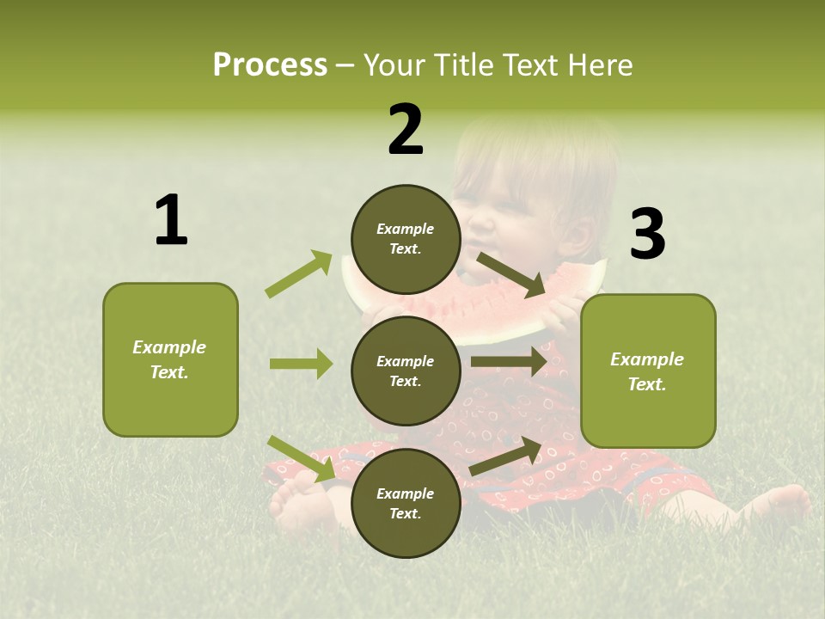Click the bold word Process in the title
click(270, 64)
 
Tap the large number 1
click(171, 220)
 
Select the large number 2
click(406, 130)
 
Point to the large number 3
click(647, 234)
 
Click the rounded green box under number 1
click(170, 359)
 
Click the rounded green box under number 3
click(648, 371)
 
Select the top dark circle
click(406, 239)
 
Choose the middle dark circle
click(406, 371)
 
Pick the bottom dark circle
click(406, 503)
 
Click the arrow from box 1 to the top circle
click(299, 274)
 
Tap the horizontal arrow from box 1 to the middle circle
click(301, 364)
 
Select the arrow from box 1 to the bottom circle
click(301, 458)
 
